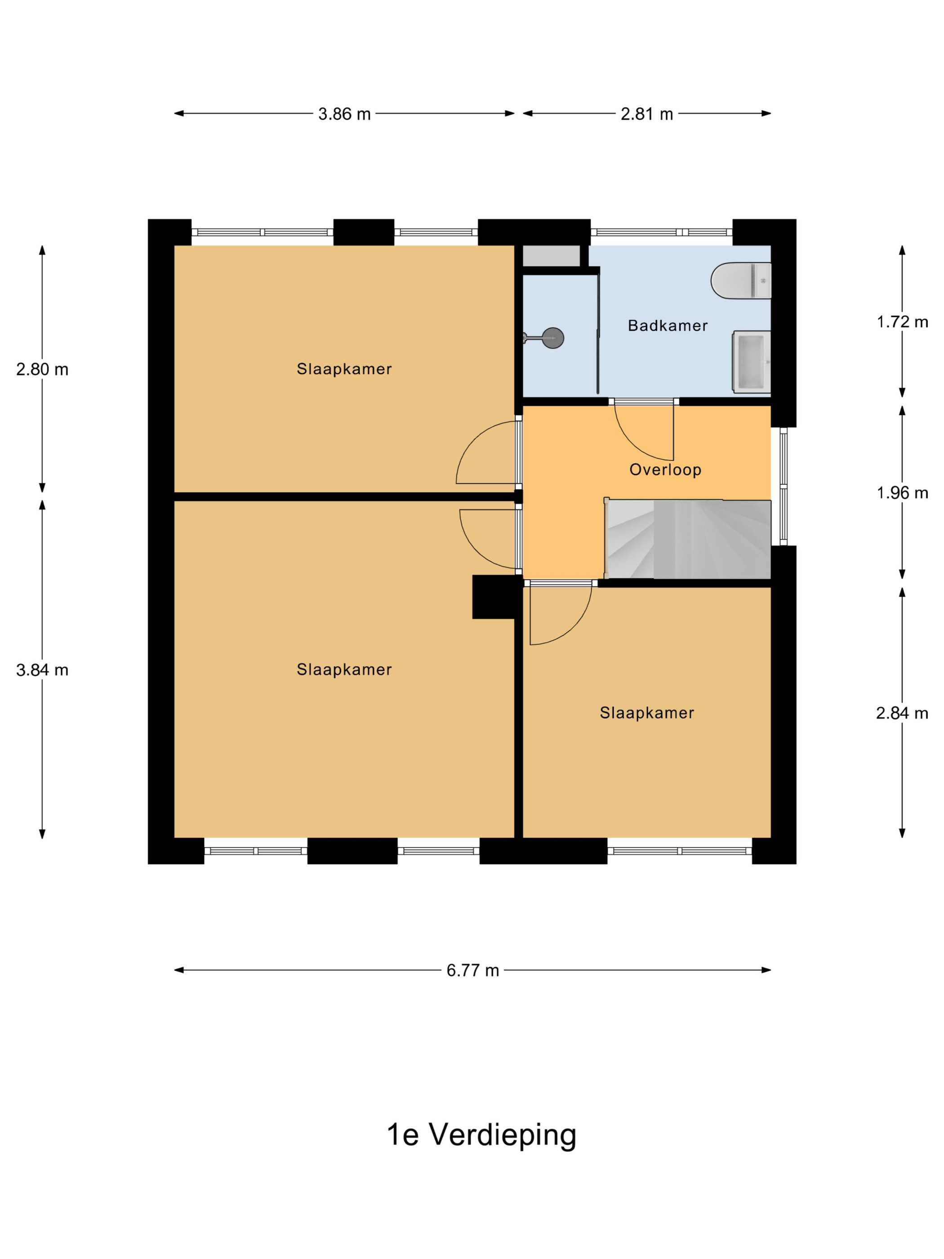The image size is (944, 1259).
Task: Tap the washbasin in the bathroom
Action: [x=751, y=362]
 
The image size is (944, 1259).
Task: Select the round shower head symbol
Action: [x=552, y=338]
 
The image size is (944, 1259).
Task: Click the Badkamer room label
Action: [x=668, y=326]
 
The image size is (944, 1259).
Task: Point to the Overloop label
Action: [x=665, y=469]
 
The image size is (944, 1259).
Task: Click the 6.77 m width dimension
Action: [x=472, y=970]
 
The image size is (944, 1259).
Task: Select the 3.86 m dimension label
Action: [x=344, y=114]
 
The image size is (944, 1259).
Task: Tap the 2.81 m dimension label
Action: [x=646, y=114]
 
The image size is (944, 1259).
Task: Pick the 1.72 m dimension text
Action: [x=902, y=322]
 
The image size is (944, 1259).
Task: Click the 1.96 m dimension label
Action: [x=902, y=493]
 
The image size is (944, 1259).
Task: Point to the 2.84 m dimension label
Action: [x=902, y=713]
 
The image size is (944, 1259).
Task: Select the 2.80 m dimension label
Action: [x=42, y=370]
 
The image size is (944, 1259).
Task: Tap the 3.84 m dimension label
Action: [x=42, y=670]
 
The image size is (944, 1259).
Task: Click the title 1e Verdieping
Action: [x=481, y=1135]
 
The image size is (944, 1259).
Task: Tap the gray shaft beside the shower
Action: [x=551, y=255]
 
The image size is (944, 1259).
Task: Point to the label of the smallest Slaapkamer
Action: [x=647, y=713]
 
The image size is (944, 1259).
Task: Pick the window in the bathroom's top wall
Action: [x=662, y=232]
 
